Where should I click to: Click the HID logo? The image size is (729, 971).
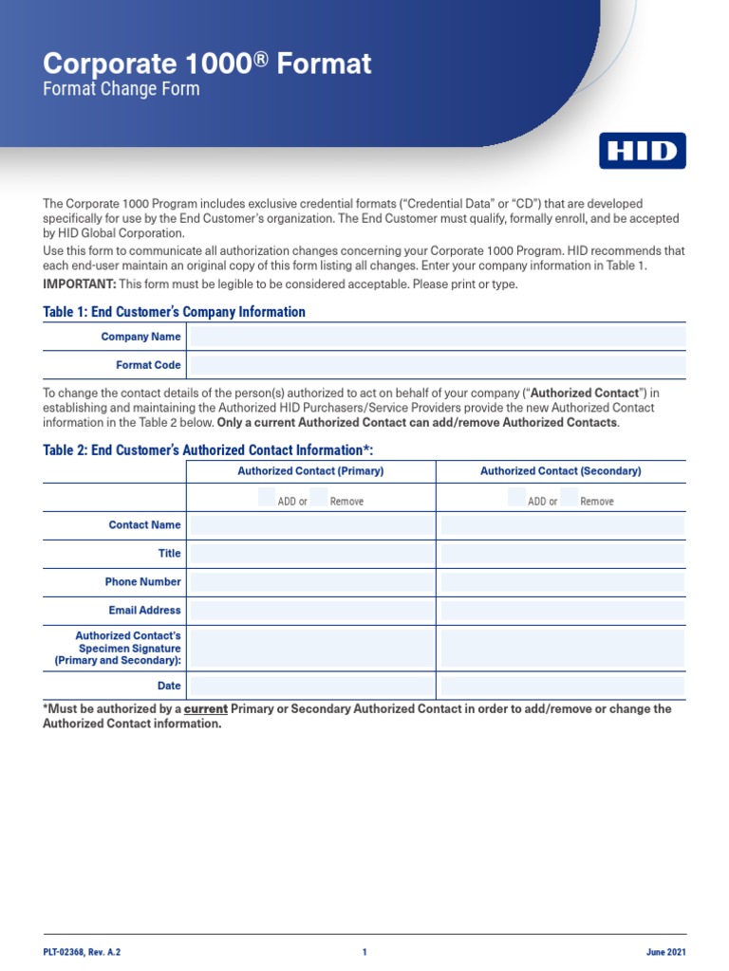pos(642,151)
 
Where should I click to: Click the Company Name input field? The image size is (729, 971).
pos(438,337)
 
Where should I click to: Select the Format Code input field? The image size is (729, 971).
pos(438,365)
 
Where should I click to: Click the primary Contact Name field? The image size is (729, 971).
pos(310,525)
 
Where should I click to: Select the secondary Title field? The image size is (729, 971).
pos(562,554)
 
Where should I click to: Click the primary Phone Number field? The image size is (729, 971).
pos(310,582)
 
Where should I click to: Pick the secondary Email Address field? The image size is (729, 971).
pos(562,611)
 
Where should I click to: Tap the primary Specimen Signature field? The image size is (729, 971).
pos(310,649)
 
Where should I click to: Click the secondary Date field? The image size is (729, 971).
pos(562,686)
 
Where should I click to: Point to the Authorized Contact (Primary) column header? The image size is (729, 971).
pos(310,470)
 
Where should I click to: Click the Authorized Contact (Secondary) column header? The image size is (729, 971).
pos(561,470)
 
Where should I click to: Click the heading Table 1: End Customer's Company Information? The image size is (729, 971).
pos(175,312)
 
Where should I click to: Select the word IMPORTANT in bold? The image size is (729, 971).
pos(80,285)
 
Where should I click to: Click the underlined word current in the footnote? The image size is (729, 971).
pos(205,709)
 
